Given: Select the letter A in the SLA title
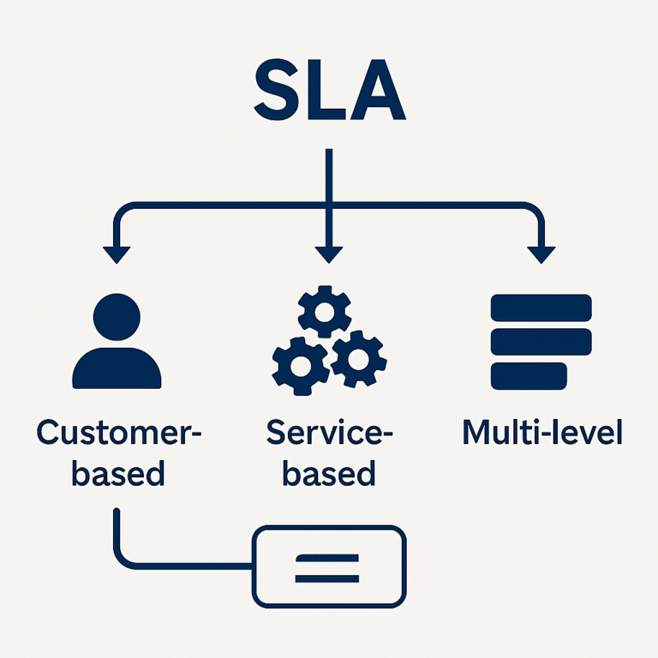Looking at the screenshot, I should (x=377, y=91).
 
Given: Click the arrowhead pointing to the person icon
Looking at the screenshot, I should (x=116, y=254).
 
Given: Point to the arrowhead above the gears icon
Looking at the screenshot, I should (x=328, y=254).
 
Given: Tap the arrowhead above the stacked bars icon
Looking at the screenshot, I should (x=541, y=254).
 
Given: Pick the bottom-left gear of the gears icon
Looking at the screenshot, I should (x=299, y=365).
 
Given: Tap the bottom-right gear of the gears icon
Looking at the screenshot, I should (x=357, y=359).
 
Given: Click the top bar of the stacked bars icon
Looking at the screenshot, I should (x=541, y=307).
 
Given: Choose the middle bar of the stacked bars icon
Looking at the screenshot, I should (x=541, y=340).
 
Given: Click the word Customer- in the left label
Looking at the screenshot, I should (x=118, y=433).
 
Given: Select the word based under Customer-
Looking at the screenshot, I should (x=118, y=473).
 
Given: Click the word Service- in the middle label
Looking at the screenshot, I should (x=329, y=433).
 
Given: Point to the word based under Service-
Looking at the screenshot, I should (x=329, y=473).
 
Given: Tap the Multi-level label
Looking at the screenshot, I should (x=542, y=433).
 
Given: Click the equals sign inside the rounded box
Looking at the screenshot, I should (x=327, y=566).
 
